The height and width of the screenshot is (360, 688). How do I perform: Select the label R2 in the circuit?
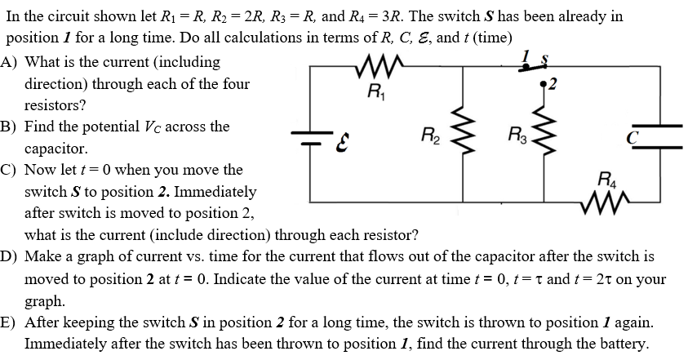tap(431, 134)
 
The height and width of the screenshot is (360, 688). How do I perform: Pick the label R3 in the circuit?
tap(516, 134)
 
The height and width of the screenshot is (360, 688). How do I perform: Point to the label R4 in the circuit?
tap(608, 178)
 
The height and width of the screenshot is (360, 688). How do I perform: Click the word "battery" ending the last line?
tap(623, 344)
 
